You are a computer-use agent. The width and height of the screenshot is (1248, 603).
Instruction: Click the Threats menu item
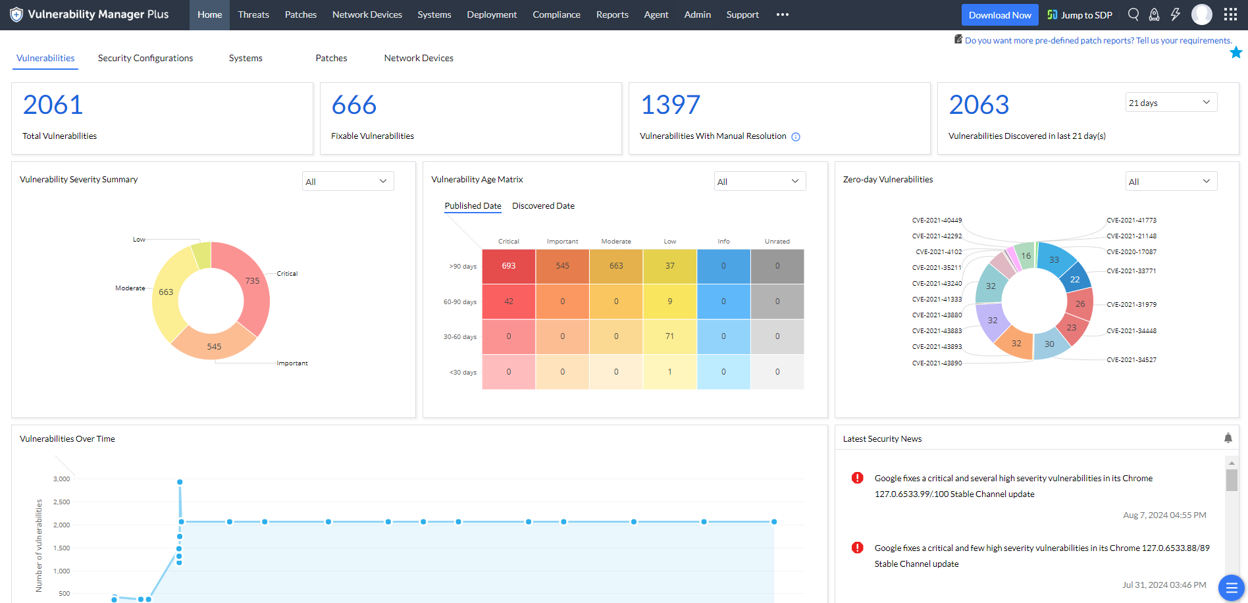coord(253,14)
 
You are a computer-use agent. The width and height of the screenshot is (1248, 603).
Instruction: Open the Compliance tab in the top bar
coord(556,14)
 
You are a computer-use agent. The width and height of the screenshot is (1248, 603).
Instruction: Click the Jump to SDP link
coord(1079,15)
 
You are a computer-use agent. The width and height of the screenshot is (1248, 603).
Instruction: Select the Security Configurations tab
coord(145,58)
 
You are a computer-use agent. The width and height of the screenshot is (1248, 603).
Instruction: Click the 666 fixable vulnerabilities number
coord(354,105)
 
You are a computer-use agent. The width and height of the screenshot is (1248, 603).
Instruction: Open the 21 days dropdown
coord(1170,103)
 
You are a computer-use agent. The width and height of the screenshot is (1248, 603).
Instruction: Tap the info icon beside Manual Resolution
coord(796,137)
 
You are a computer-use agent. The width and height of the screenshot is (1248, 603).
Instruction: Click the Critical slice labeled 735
coord(253,281)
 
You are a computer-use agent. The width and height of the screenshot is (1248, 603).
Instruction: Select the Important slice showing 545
coord(214,346)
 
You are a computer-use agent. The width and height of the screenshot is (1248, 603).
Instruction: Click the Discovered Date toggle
coord(543,206)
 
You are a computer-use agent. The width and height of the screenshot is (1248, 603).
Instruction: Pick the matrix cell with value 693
coord(509,266)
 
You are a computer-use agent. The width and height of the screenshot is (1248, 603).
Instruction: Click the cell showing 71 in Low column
coord(669,336)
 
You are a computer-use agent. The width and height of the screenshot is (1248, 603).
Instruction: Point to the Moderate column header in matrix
coord(616,242)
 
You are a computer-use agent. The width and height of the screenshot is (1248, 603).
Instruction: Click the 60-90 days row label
coord(459,302)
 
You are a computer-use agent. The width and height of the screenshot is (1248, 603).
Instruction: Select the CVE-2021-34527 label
coord(1131,360)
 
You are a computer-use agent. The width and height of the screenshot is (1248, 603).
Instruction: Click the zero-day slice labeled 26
coord(1080,303)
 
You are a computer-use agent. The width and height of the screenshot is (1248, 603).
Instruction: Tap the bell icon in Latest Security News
coord(1228,438)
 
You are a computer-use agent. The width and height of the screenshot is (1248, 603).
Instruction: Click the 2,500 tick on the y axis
coord(61,502)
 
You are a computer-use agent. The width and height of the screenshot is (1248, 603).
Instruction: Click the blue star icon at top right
coord(1236,53)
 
